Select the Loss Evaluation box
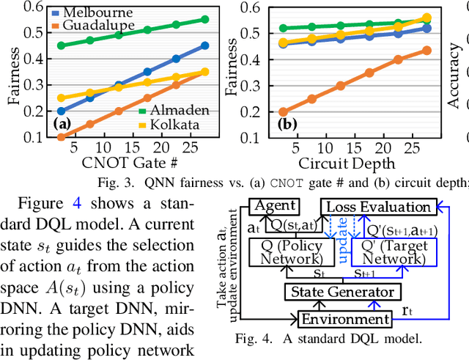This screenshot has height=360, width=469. pos(377,207)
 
